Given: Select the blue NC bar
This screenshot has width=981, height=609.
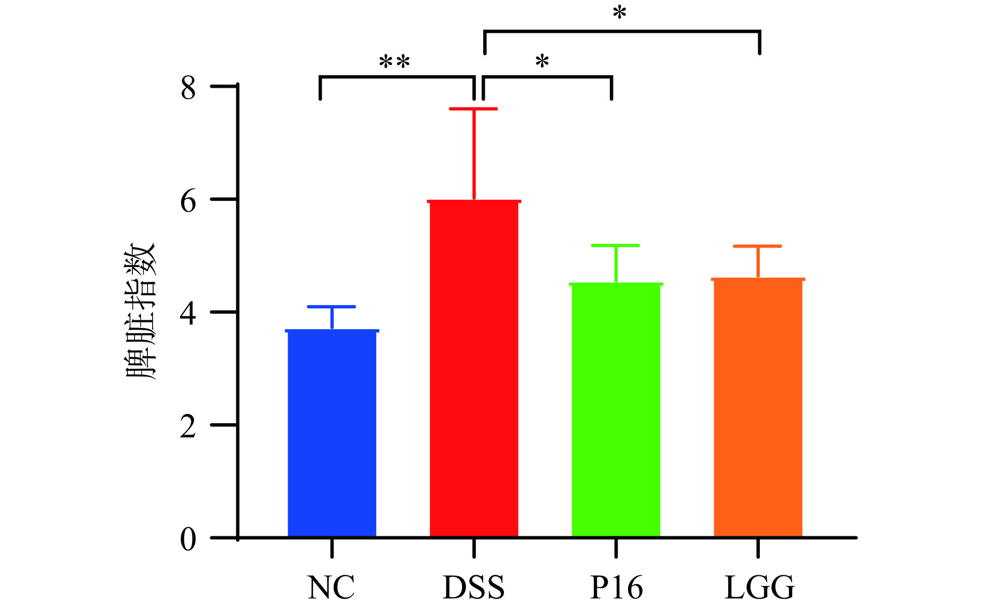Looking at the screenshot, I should coord(332,434).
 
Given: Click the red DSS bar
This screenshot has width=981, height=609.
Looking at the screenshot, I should coord(474,369).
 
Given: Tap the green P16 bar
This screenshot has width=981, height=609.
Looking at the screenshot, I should coord(616,410).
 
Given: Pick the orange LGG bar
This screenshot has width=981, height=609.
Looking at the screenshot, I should coord(758,408).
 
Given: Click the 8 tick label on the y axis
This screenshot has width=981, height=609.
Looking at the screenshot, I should coord(188,88).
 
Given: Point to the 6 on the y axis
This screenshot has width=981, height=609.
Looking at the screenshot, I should coord(188,201).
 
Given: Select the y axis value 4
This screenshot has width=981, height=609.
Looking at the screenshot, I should coord(188,313).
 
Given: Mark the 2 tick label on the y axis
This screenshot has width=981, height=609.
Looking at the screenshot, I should coord(188,426).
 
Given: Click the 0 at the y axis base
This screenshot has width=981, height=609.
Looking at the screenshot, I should coord(188,539).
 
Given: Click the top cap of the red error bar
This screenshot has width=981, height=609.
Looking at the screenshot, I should coord(473,109).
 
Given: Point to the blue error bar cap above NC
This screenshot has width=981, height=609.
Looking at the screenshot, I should coord(332,307).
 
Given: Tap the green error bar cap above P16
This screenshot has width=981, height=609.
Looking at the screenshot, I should coord(616,245).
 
